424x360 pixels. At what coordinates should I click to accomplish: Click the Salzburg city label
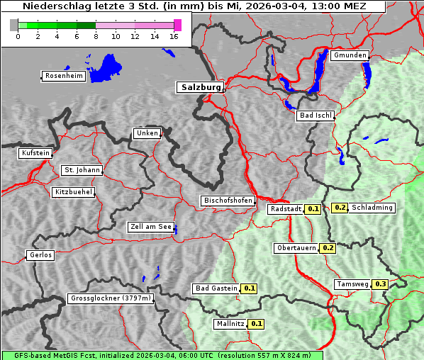pos(199,87)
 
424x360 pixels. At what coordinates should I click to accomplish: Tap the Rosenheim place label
pos(63,76)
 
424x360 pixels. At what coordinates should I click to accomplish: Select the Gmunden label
pos(350,55)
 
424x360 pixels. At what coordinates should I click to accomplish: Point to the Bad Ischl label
pos(315,116)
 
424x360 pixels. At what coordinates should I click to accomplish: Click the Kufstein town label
pos(35,153)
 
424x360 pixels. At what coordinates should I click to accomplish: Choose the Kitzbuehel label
pos(72,192)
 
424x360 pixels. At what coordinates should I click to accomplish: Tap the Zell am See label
pos(150,227)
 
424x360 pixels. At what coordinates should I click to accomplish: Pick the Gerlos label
pos(40,255)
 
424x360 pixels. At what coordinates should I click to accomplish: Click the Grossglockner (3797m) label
pos(110,298)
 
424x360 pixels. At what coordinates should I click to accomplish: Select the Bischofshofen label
pos(228,201)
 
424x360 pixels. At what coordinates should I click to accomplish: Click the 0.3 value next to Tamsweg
pos(381,284)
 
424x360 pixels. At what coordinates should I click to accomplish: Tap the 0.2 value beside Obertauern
pos(328,248)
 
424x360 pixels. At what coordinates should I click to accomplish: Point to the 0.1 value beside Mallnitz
pos(257,324)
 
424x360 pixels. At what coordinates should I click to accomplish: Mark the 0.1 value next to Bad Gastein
pos(249,288)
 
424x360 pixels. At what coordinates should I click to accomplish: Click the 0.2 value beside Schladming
pos(340,208)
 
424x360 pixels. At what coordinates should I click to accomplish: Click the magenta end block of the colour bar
pos(177,25)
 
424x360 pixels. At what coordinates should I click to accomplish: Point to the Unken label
pos(147,133)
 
